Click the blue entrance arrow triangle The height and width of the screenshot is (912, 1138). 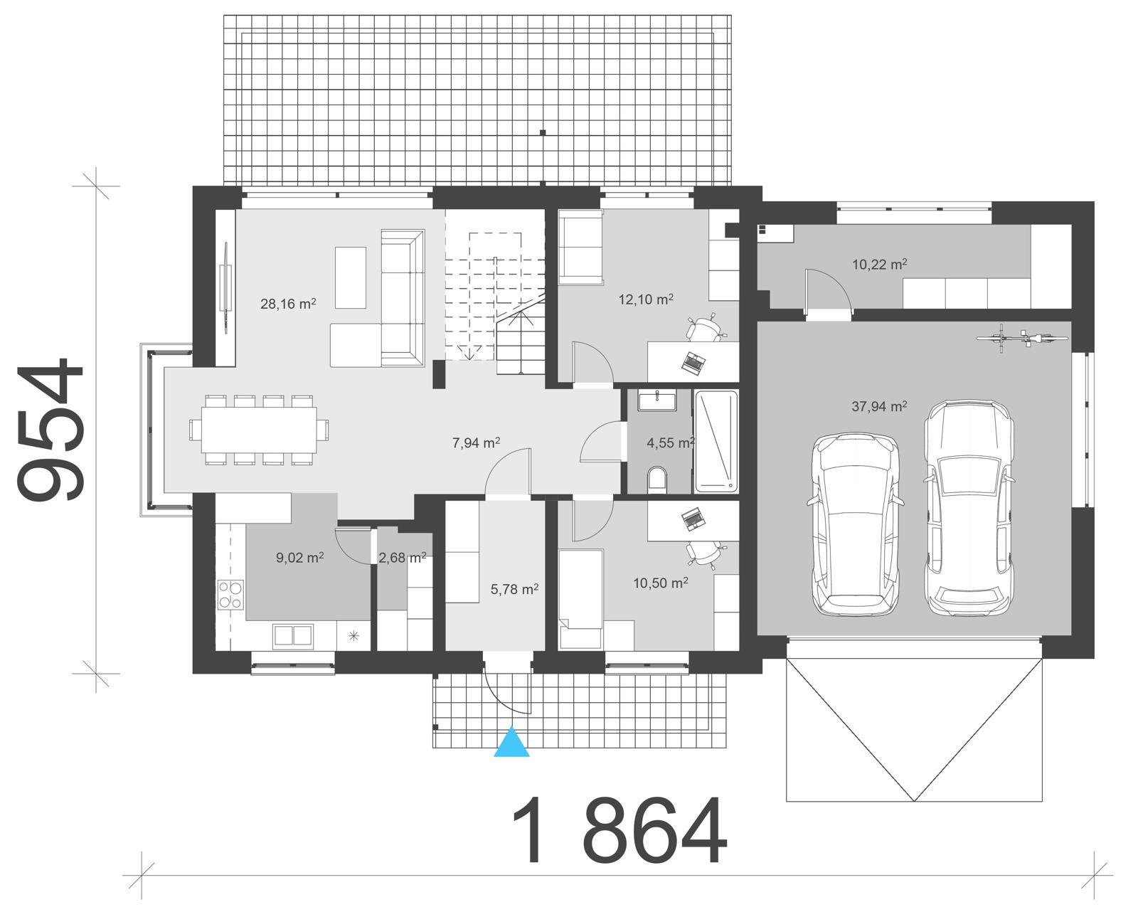[512, 743]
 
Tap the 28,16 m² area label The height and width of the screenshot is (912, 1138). [288, 304]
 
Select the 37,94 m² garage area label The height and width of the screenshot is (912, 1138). [879, 407]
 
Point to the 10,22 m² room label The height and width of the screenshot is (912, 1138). [880, 265]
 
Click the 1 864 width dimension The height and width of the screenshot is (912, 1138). [619, 831]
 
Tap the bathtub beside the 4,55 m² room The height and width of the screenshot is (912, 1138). [716, 441]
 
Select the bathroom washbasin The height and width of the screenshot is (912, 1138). [657, 401]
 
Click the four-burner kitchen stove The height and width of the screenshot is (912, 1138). [230, 595]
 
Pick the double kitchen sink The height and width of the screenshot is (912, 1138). [292, 635]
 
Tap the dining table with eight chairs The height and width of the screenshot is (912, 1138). [259, 430]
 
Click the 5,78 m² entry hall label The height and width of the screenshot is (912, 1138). [514, 589]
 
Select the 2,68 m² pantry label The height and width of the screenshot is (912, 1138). [403, 558]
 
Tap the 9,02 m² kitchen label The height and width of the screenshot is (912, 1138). [300, 558]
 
